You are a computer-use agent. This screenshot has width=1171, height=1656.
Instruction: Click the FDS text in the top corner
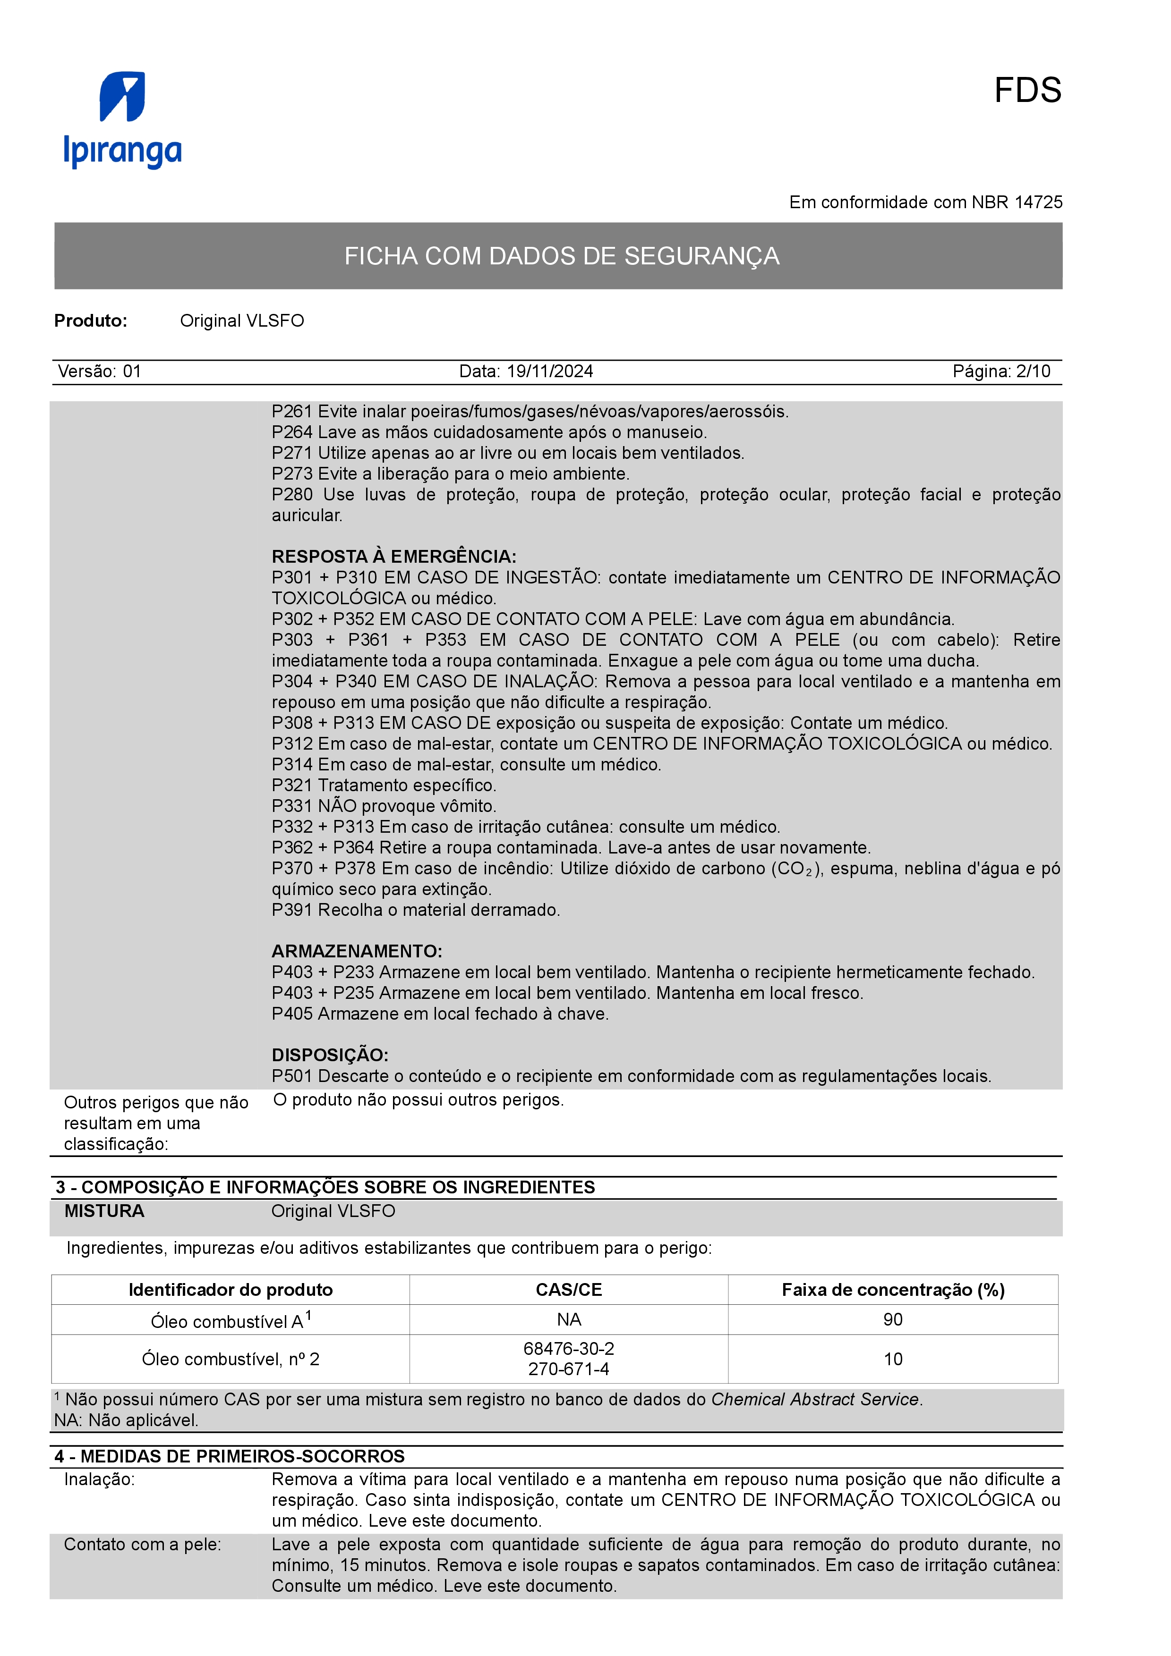pyautogui.click(x=1027, y=91)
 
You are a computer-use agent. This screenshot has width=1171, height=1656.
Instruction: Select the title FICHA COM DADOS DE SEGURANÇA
pyautogui.click(x=561, y=256)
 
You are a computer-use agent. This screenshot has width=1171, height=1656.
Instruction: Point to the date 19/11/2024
pyautogui.click(x=550, y=372)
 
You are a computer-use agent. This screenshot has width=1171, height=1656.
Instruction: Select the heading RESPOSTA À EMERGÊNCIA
pyautogui.click(x=393, y=557)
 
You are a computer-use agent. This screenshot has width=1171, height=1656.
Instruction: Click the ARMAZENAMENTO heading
pyautogui.click(x=357, y=951)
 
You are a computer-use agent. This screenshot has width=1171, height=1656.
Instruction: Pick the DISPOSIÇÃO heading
pyautogui.click(x=330, y=1055)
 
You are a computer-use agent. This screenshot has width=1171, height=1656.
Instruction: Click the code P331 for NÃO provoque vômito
pyautogui.click(x=292, y=806)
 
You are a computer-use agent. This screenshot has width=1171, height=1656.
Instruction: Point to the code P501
pyautogui.click(x=292, y=1076)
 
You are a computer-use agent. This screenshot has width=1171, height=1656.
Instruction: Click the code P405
pyautogui.click(x=292, y=1014)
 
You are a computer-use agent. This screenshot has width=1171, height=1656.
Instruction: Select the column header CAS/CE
pyautogui.click(x=569, y=1290)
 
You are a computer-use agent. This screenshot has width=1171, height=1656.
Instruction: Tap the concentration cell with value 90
pyautogui.click(x=892, y=1320)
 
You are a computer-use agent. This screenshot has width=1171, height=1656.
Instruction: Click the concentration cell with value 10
pyautogui.click(x=892, y=1360)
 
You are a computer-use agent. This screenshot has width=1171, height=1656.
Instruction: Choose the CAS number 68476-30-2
pyautogui.click(x=569, y=1349)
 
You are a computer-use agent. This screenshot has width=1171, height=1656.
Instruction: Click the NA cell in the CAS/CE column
pyautogui.click(x=569, y=1320)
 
